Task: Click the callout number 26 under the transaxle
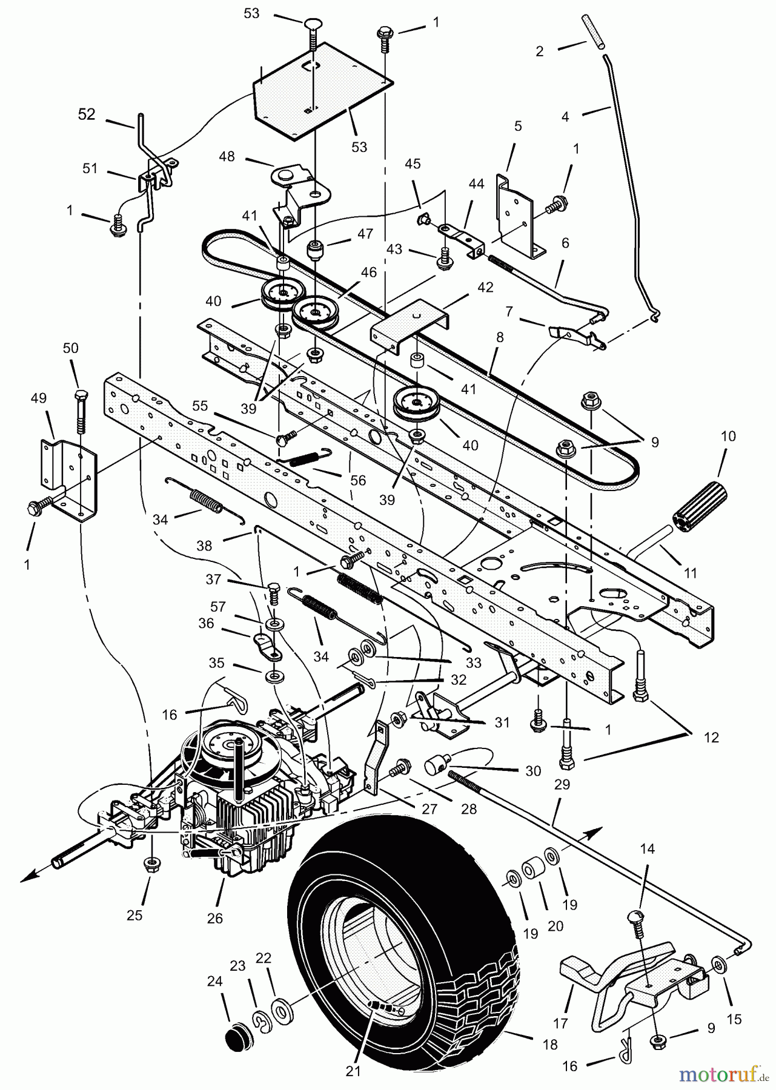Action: tap(215, 918)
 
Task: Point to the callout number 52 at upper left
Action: tap(87, 114)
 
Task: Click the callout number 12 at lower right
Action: tap(711, 738)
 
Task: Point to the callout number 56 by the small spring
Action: tap(358, 480)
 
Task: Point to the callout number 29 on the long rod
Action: tap(562, 785)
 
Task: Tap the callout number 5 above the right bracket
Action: tap(518, 127)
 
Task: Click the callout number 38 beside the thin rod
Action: tap(205, 546)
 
